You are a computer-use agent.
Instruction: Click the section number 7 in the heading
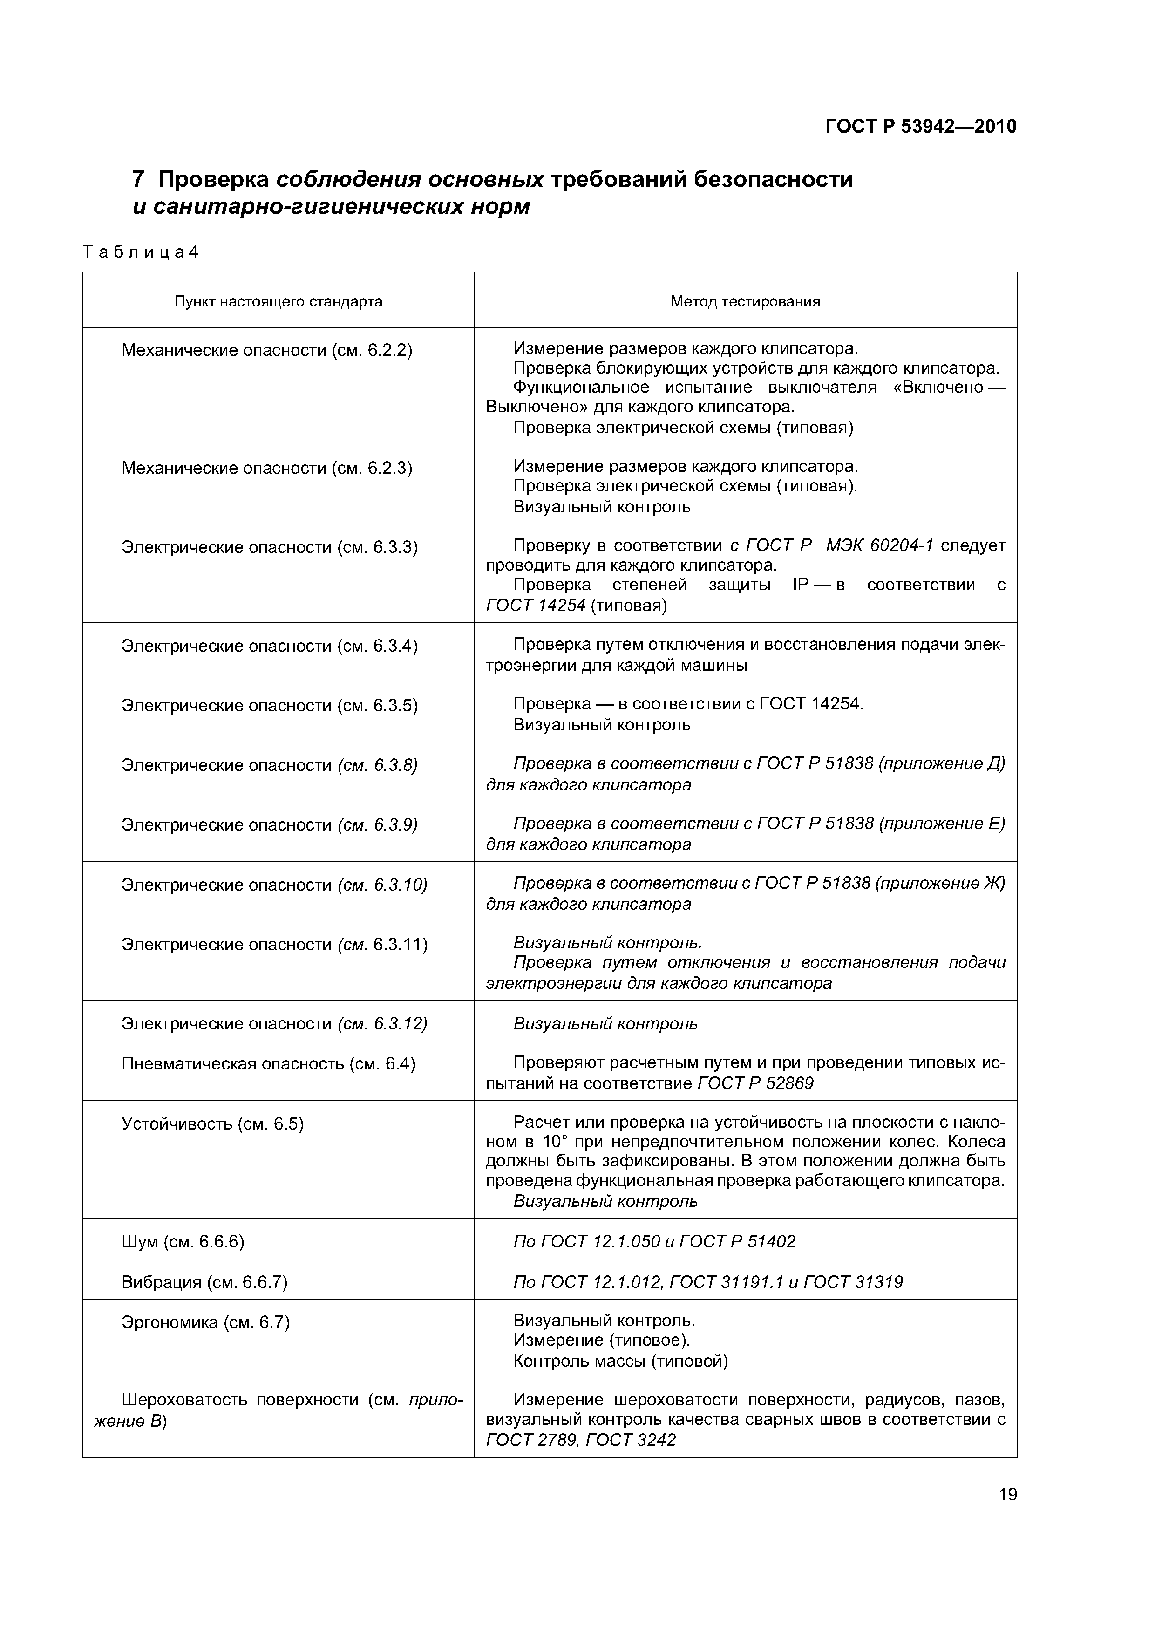click(x=139, y=179)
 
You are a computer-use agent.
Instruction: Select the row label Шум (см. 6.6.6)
click(x=183, y=1242)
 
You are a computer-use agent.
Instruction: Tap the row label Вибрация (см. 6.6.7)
click(x=204, y=1282)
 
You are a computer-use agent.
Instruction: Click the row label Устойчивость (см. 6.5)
click(x=213, y=1124)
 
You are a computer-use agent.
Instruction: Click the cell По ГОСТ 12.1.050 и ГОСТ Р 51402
click(x=654, y=1242)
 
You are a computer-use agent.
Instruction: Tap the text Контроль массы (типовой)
click(x=620, y=1362)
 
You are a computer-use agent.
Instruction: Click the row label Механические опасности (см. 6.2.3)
click(x=267, y=468)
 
